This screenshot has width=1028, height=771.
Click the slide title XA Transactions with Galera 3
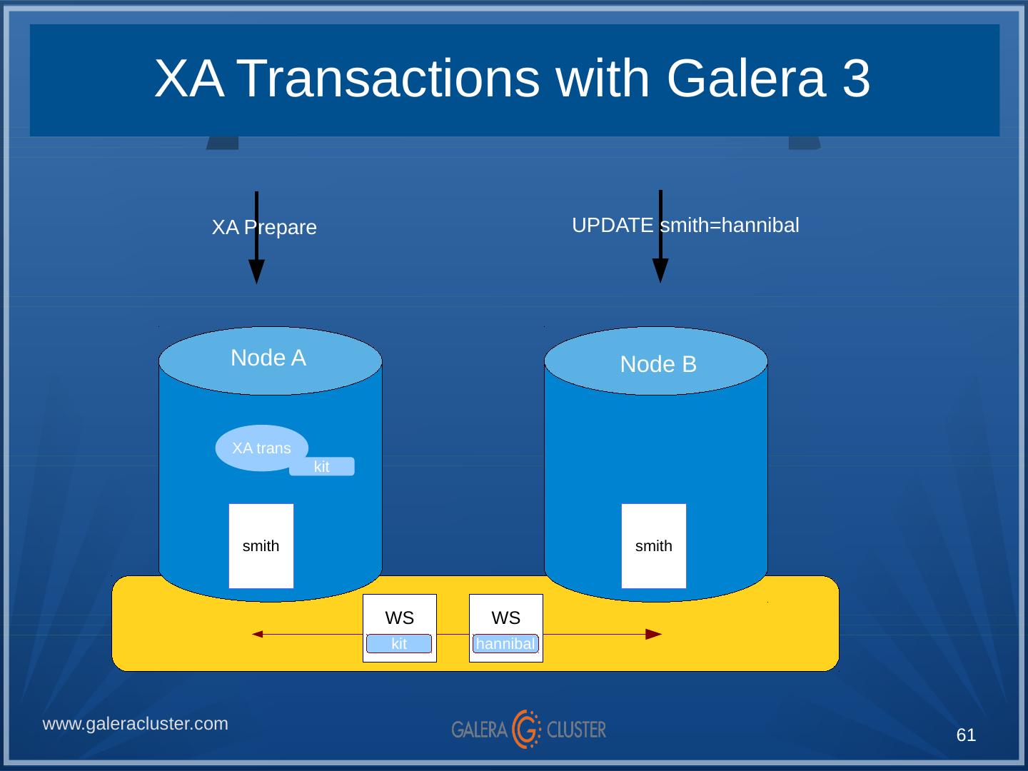513,78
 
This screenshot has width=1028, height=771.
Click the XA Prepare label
264,228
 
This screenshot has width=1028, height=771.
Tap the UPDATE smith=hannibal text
685,226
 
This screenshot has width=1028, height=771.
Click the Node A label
268,358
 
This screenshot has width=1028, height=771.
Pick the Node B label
658,364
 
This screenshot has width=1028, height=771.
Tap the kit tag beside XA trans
322,467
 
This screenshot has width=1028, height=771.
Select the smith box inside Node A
261,546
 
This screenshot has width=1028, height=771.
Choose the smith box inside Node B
654,546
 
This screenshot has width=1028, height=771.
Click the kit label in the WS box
399,644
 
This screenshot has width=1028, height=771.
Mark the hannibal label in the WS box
505,644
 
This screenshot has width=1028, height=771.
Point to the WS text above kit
400,618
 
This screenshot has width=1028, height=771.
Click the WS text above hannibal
506,618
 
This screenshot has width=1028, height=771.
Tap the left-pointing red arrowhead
258,634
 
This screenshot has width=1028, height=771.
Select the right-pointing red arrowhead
653,634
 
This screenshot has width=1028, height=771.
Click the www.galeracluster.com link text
136,724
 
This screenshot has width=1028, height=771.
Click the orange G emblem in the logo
527,729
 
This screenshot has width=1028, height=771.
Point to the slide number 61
966,735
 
